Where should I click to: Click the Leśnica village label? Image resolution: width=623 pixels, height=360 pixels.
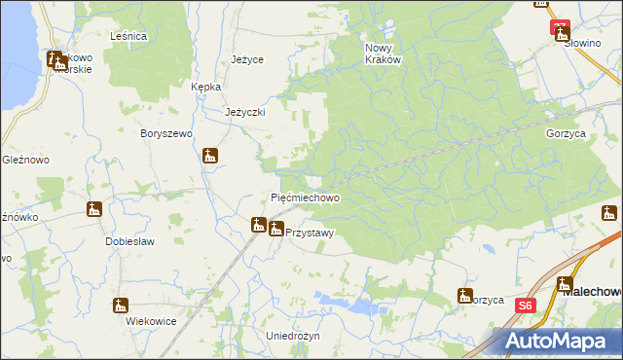[x=128, y=36]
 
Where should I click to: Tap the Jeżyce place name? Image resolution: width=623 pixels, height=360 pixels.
[x=247, y=59]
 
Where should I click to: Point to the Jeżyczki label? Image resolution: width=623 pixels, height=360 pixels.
[x=245, y=112]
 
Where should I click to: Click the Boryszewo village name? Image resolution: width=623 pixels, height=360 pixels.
[x=166, y=133]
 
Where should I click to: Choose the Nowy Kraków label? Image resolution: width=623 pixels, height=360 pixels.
[x=383, y=53]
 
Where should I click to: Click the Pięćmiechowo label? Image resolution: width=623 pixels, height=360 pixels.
[x=305, y=198]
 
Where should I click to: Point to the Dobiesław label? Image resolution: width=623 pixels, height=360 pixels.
[x=131, y=240]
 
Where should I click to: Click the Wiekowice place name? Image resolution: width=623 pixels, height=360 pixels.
[x=137, y=320]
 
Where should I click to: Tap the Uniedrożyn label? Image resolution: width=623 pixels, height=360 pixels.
[x=292, y=335]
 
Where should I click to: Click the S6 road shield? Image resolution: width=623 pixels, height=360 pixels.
[x=526, y=305]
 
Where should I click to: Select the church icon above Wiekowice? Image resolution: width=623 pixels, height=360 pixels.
[x=121, y=305]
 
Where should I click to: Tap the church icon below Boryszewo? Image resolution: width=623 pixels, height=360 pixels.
[x=210, y=155]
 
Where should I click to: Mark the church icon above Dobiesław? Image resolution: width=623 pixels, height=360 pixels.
[x=94, y=208]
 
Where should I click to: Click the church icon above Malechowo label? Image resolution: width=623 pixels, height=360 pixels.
[x=565, y=284]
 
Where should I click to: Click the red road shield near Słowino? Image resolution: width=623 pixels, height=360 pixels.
[x=559, y=27]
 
